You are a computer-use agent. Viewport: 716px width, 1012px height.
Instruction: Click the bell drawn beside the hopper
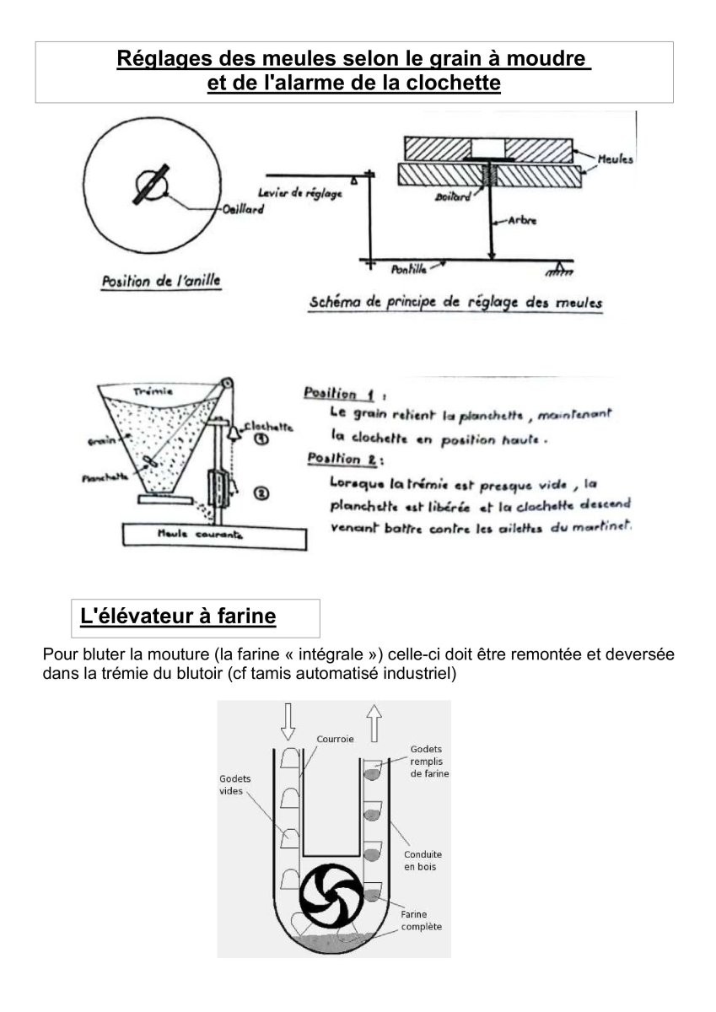[228, 433]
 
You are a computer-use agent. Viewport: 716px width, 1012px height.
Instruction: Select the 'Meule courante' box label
[201, 534]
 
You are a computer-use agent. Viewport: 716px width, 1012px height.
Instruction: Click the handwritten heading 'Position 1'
[339, 394]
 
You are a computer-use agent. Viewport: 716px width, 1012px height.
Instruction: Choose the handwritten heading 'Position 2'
[339, 460]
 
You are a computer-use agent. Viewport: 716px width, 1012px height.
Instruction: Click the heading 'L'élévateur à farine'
[178, 616]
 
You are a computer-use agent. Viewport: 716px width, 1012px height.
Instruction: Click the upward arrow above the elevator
[374, 723]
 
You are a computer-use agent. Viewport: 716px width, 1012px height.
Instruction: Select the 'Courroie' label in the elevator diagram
[335, 739]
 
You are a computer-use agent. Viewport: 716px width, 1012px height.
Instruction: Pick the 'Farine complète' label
[421, 919]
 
